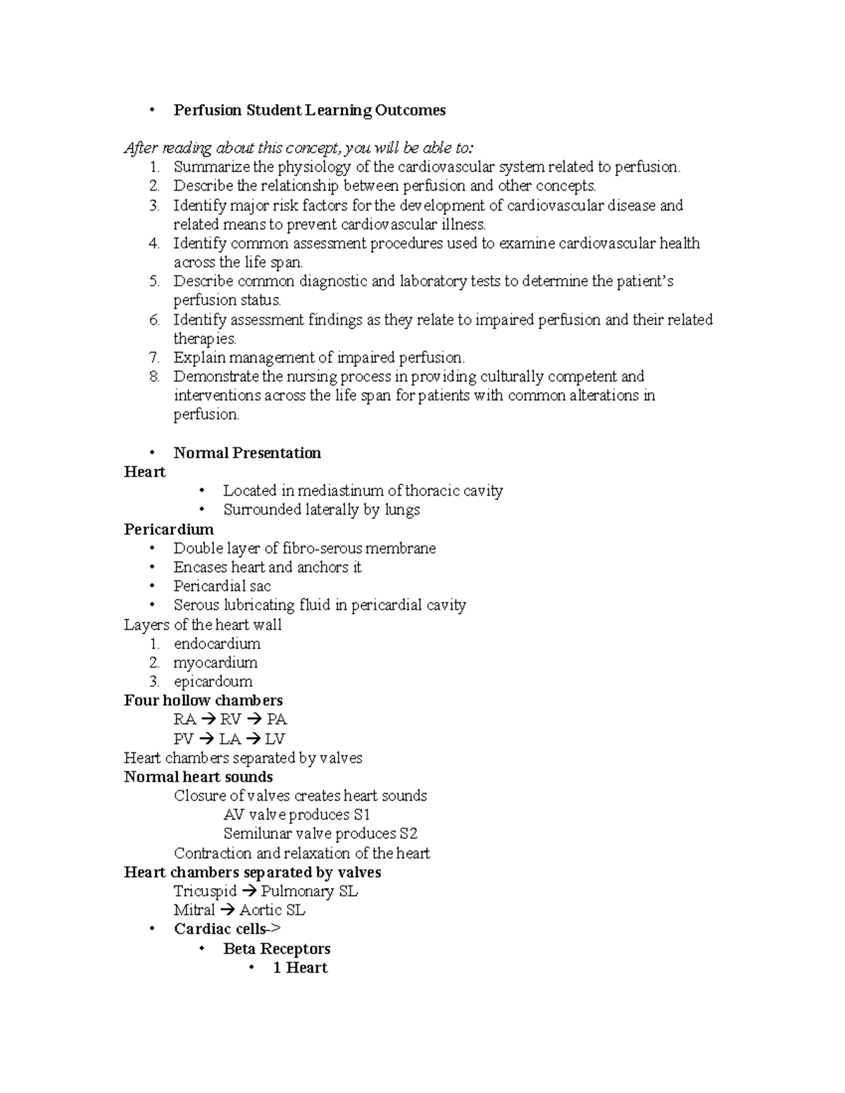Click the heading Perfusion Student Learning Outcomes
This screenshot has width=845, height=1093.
click(309, 110)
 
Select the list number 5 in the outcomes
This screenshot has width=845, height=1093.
click(154, 282)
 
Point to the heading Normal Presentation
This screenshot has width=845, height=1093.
click(247, 453)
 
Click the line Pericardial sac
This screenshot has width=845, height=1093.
click(222, 586)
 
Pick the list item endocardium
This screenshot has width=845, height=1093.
click(217, 644)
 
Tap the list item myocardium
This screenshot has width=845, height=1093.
click(215, 663)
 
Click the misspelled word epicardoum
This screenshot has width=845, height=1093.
click(213, 682)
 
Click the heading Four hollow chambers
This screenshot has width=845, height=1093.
click(203, 701)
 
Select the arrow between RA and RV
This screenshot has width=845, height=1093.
click(208, 720)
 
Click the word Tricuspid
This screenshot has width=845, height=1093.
click(205, 892)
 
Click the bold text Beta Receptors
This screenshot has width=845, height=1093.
click(277, 949)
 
